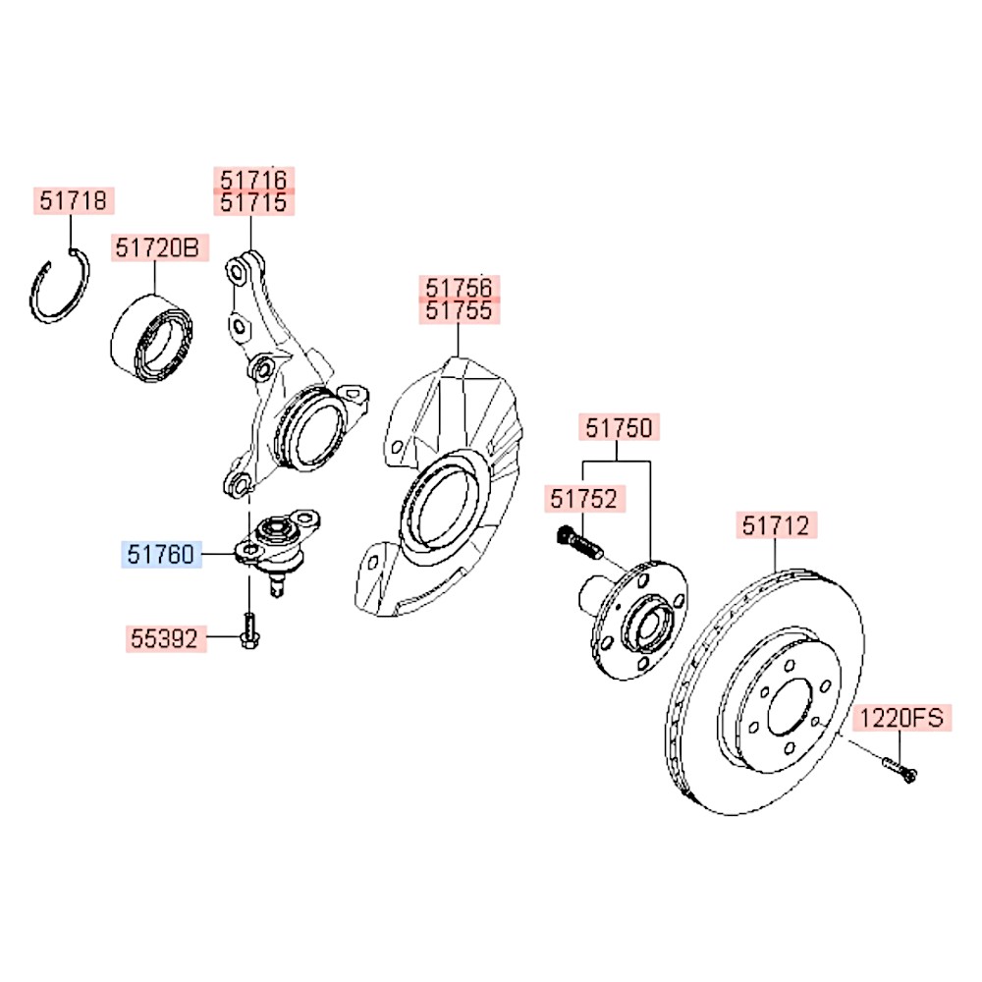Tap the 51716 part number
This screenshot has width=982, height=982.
(254, 180)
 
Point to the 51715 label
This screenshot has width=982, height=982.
(254, 202)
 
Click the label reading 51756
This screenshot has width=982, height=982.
(462, 288)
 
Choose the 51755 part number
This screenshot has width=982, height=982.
(462, 311)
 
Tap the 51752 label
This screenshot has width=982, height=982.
(584, 499)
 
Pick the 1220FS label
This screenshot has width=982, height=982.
(900, 719)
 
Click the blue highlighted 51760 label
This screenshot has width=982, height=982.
(160, 557)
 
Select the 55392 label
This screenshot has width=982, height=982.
(166, 640)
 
